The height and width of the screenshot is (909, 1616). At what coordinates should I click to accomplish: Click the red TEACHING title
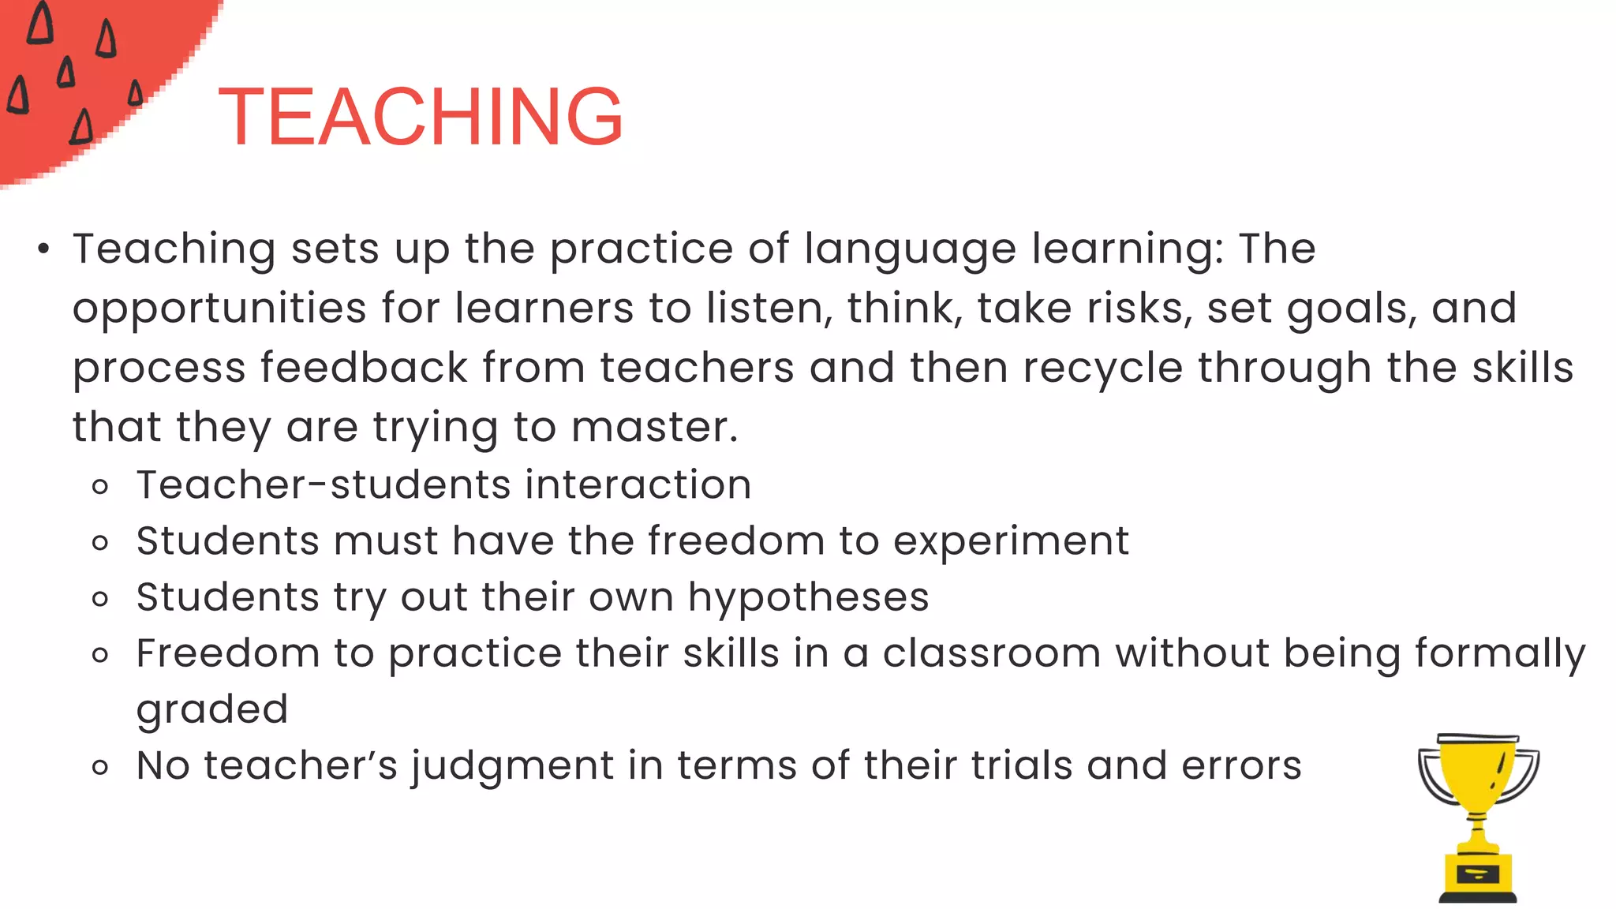point(421,117)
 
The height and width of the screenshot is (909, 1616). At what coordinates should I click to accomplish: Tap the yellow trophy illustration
point(1478,817)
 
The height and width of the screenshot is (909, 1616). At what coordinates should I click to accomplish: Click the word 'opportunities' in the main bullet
point(219,309)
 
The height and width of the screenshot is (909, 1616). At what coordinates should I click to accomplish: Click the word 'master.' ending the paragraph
point(654,427)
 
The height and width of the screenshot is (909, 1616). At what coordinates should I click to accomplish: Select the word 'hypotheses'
point(808,597)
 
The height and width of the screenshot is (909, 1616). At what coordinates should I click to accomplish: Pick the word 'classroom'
point(991,653)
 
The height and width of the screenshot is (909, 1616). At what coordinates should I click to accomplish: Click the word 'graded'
point(211,709)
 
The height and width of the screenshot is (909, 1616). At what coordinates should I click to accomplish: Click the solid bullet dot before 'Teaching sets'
point(43,250)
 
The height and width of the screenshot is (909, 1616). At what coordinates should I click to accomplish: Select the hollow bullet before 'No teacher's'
point(99,767)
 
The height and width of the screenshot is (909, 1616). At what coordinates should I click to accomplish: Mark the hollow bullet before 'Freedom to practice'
point(99,655)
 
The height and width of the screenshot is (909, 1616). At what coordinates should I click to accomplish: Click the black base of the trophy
point(1477,897)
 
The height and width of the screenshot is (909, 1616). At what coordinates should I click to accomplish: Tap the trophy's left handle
point(1431,773)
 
